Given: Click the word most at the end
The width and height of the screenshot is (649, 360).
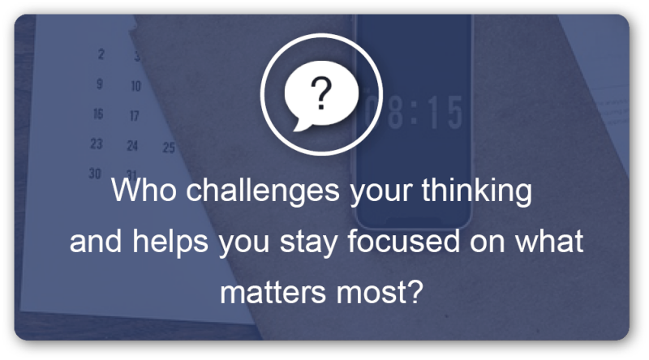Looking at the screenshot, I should [x=385, y=289].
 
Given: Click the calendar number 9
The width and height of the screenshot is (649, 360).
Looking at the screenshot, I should [x=99, y=83].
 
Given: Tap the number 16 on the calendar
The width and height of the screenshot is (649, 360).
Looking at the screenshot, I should [x=98, y=114].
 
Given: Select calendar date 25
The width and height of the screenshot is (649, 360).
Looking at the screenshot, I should [x=169, y=148].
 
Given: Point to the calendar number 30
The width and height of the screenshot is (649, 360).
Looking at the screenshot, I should [x=95, y=174].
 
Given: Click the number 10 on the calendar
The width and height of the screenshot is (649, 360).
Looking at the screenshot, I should [x=135, y=85].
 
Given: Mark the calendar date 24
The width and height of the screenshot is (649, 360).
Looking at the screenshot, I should [x=132, y=146].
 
